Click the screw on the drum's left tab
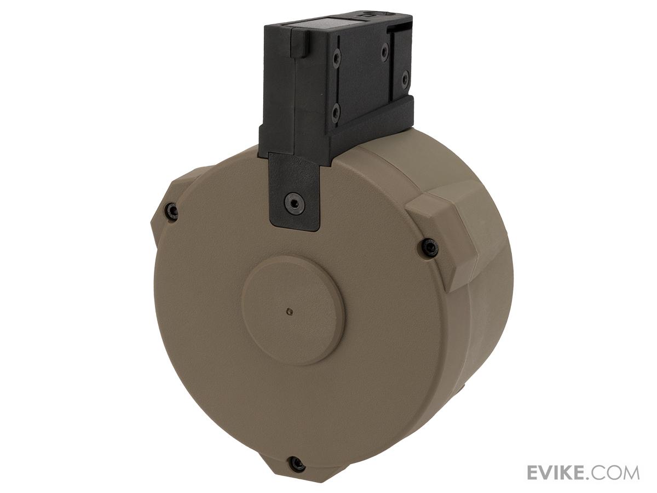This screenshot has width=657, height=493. [x=172, y=211]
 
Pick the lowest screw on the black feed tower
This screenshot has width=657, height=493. [x=336, y=112]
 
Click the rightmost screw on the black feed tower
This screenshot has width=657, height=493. [x=405, y=78]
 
